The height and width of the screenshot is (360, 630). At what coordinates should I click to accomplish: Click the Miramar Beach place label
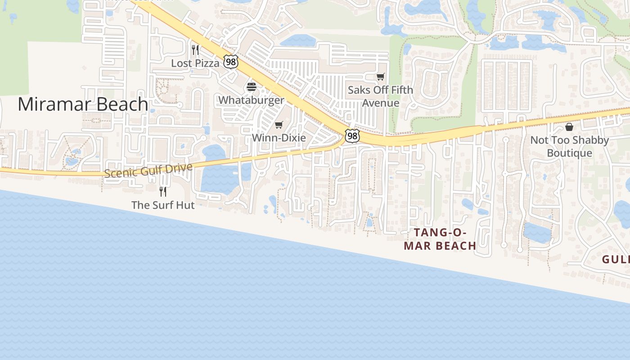(x=83, y=104)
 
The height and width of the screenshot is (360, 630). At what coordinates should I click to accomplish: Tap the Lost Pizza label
(x=195, y=63)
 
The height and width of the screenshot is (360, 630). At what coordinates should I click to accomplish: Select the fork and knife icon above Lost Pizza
(x=195, y=49)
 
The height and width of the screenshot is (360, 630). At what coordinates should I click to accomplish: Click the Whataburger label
(x=252, y=100)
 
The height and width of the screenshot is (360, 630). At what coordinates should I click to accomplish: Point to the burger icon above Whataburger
(x=252, y=87)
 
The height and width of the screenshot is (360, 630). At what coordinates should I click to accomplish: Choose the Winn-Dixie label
(x=279, y=138)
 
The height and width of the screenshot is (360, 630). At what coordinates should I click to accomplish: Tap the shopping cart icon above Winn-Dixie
(x=279, y=125)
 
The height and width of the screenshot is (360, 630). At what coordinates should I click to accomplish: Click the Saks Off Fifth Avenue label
(x=380, y=96)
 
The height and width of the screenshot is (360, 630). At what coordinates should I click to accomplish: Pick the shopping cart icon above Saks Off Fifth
(x=381, y=77)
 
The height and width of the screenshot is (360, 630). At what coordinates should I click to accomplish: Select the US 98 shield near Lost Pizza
(x=231, y=62)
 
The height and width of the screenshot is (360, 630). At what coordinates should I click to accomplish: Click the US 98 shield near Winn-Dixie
(x=352, y=135)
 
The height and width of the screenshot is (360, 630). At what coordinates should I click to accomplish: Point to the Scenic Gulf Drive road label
(x=148, y=170)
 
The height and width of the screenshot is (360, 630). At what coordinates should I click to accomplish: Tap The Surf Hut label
(x=163, y=205)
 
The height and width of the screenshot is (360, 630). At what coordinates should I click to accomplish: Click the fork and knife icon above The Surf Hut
(x=163, y=192)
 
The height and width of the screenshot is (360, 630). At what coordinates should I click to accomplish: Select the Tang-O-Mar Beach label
(x=440, y=239)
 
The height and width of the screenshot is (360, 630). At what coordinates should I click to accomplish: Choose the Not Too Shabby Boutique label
(x=569, y=146)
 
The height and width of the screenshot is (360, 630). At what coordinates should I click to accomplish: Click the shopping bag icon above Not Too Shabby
(x=569, y=127)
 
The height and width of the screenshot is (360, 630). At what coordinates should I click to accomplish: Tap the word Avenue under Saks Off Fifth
(x=381, y=103)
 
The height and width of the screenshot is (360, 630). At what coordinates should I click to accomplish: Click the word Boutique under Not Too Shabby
(x=569, y=153)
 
